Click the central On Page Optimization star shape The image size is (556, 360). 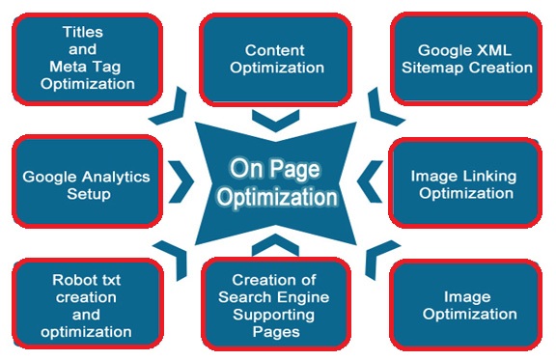pyautogui.click(x=277, y=182)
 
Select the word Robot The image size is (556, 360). pyautogui.click(x=71, y=280)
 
